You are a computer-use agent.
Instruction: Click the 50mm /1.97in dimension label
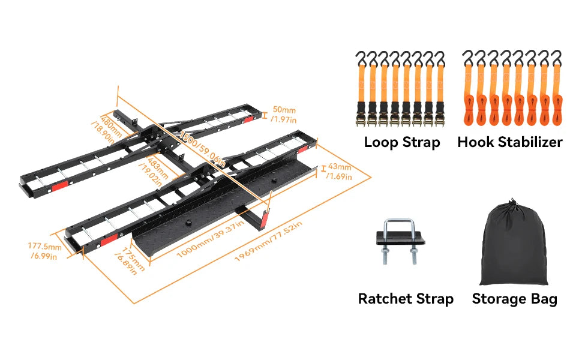(x=283, y=115)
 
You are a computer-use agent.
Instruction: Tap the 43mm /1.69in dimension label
(x=338, y=171)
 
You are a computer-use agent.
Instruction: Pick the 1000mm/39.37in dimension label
(x=209, y=241)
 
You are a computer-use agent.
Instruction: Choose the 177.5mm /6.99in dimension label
(x=45, y=251)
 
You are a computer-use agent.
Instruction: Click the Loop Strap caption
(x=402, y=142)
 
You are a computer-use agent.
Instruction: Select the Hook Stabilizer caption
(x=510, y=142)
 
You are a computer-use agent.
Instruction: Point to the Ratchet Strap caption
(x=406, y=299)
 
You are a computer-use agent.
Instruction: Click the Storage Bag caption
(x=514, y=299)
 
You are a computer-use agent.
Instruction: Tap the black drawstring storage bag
(x=514, y=246)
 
